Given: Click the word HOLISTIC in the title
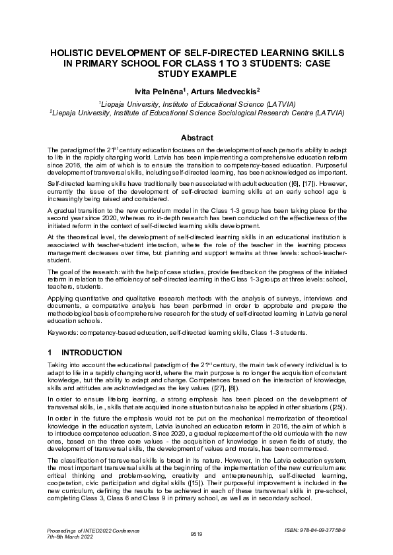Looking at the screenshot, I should (73, 52).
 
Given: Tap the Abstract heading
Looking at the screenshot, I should (197, 138).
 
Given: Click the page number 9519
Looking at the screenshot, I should (196, 533).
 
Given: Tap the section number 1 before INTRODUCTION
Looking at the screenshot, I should (51, 353).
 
